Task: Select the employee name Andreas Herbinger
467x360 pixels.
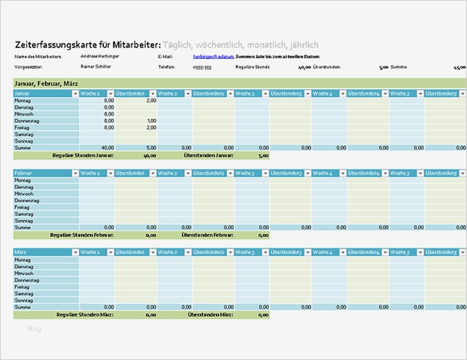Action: click(x=99, y=56)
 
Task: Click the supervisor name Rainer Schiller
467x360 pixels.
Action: click(x=95, y=67)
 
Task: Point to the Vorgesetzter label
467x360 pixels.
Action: click(x=28, y=67)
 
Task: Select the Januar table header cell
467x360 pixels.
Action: click(x=42, y=93)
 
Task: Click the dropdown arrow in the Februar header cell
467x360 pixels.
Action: click(x=75, y=173)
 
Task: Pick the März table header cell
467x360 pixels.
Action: click(x=42, y=252)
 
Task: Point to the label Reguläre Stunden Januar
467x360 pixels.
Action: click(x=82, y=155)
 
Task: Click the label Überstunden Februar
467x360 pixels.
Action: click(x=208, y=235)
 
